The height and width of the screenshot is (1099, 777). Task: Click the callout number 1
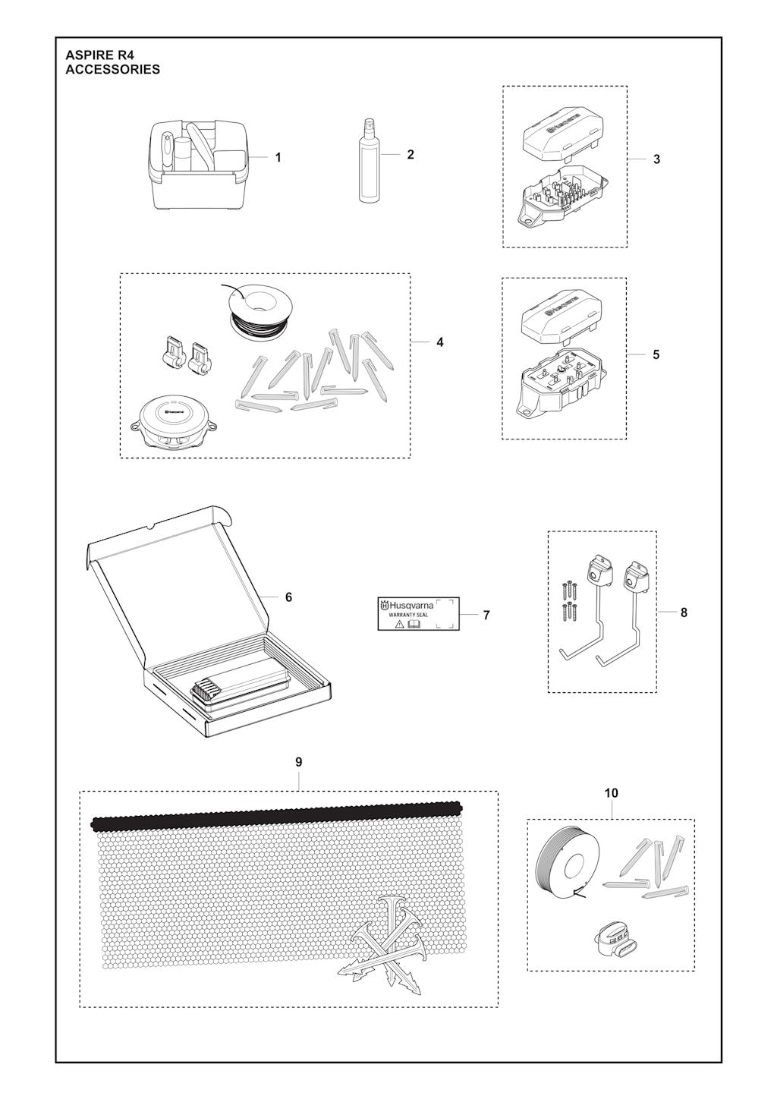tap(278, 158)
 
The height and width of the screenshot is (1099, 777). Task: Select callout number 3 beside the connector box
tap(657, 159)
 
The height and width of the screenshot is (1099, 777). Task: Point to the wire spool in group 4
tap(260, 312)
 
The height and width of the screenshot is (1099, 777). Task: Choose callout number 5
tap(656, 354)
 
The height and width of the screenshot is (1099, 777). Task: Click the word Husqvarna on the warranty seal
tap(411, 606)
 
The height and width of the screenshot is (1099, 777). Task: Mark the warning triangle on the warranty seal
tap(399, 624)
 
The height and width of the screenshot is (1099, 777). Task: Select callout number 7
tap(486, 616)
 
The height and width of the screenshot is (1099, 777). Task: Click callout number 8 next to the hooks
tap(684, 612)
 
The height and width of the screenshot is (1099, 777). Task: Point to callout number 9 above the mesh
tap(299, 763)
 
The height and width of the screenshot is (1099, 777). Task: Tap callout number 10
tap(611, 793)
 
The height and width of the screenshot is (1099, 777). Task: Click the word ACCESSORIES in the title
tap(113, 70)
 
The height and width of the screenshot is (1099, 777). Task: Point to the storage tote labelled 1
tap(200, 165)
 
